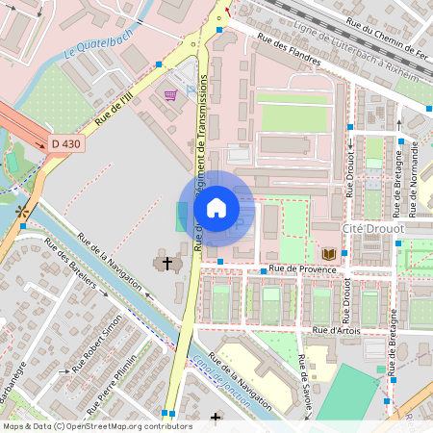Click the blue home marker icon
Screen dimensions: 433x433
(x=216, y=208)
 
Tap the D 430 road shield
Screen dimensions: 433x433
(x=66, y=143)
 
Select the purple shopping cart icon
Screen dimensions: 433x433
(x=170, y=95)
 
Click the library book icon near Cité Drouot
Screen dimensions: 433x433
(x=329, y=253)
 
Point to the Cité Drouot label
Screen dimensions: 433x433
(x=373, y=229)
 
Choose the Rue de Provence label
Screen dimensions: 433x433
(x=303, y=269)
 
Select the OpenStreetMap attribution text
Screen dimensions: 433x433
(x=97, y=425)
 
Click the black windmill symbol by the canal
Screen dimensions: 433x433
(x=21, y=211)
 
